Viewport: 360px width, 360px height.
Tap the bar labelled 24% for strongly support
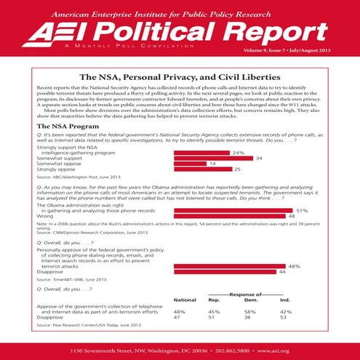[201, 153]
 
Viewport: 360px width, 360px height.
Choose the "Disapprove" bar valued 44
[225, 272]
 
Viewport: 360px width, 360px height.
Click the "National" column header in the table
[185, 300]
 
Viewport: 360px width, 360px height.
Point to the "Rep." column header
[215, 300]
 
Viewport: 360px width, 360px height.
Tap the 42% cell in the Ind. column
[286, 311]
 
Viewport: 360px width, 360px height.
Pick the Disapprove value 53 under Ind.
[284, 317]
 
